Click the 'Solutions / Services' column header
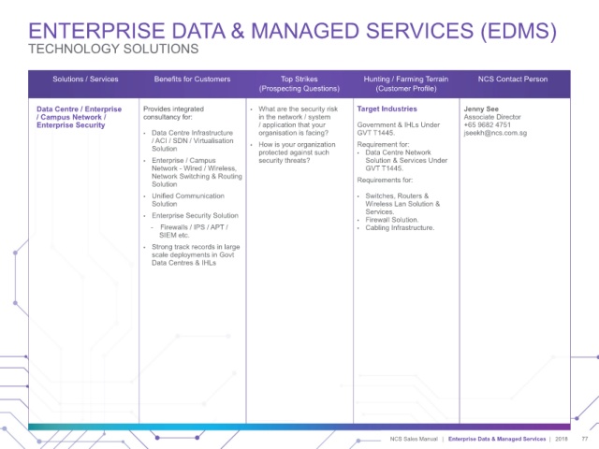point(85,79)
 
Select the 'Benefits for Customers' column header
point(192,79)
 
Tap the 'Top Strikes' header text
point(299,79)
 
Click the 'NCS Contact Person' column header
point(513,79)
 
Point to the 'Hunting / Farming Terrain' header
point(405,79)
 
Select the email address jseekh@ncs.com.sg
point(495,133)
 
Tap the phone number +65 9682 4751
point(487,124)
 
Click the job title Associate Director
point(492,117)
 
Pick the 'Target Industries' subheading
point(387,109)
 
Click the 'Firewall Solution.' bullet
point(391,220)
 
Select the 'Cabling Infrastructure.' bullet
point(400,228)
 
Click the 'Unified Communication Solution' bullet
point(188,199)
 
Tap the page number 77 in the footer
point(584,439)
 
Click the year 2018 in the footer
point(562,439)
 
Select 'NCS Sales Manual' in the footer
point(414,439)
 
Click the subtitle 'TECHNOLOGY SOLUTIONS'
point(113,49)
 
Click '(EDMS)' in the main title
point(519,31)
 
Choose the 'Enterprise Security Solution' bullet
point(195,216)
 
